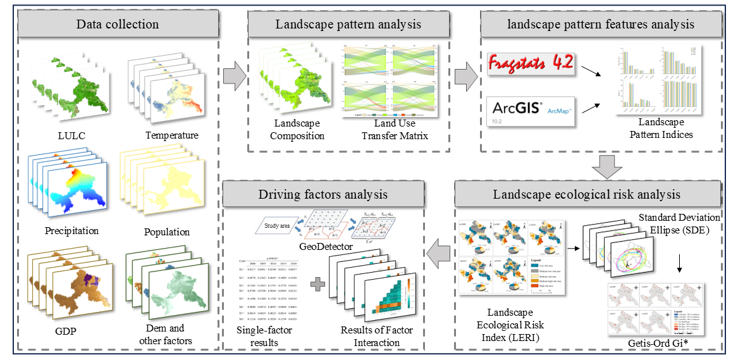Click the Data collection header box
click(x=117, y=25)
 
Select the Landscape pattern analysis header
click(x=348, y=25)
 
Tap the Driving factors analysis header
click(x=323, y=195)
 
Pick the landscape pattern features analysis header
click(x=601, y=25)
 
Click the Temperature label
click(x=171, y=135)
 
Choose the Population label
click(x=167, y=232)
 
